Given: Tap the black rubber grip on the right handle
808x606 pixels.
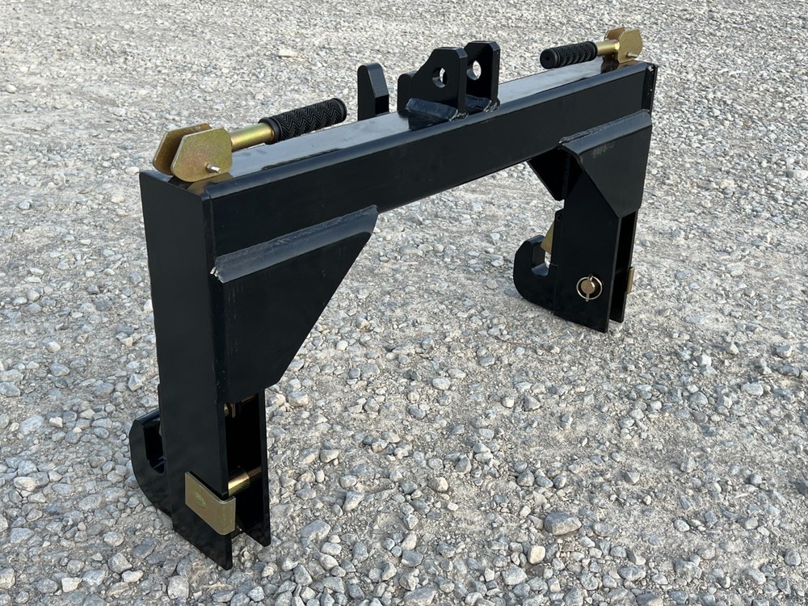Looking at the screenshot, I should point(569,54).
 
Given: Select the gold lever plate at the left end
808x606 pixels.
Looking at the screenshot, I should point(194,152).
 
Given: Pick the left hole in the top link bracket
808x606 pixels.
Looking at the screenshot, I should point(440,78).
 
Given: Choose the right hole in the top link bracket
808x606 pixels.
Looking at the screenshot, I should point(474,69).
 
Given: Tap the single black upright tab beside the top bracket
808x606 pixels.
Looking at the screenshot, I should point(372,91).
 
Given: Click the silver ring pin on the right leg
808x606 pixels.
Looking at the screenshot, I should point(589,287).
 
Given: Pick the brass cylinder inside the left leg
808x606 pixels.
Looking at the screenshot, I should point(242,482).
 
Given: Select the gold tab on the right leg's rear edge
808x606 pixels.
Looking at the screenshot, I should point(630,280).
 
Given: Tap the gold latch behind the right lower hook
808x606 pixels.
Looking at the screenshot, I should point(549,239).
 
